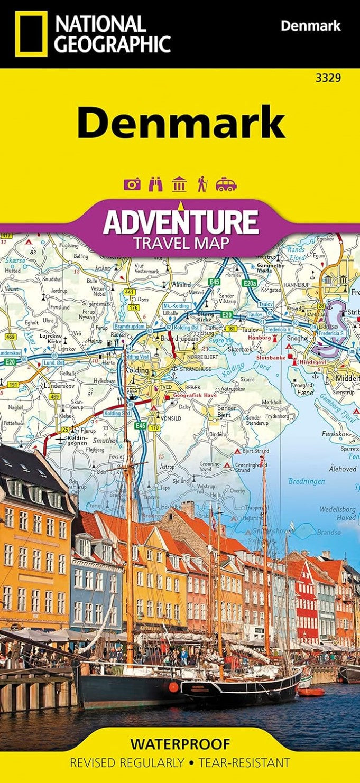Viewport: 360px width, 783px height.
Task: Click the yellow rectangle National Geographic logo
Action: coord(31,33)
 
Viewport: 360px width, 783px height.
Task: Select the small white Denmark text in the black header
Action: coord(310,25)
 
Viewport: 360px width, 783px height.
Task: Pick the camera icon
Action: coord(132,184)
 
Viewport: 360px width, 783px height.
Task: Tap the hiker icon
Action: coord(201,184)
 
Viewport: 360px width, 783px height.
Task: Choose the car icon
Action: coord(226,184)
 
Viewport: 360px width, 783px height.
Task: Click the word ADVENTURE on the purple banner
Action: coord(181,222)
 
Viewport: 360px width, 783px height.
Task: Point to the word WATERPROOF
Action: coord(180,744)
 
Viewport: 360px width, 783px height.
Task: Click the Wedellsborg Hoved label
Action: coord(337,513)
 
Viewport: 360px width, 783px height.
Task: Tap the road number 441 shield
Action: coord(130,292)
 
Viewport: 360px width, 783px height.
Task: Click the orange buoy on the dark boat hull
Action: coord(173,687)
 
